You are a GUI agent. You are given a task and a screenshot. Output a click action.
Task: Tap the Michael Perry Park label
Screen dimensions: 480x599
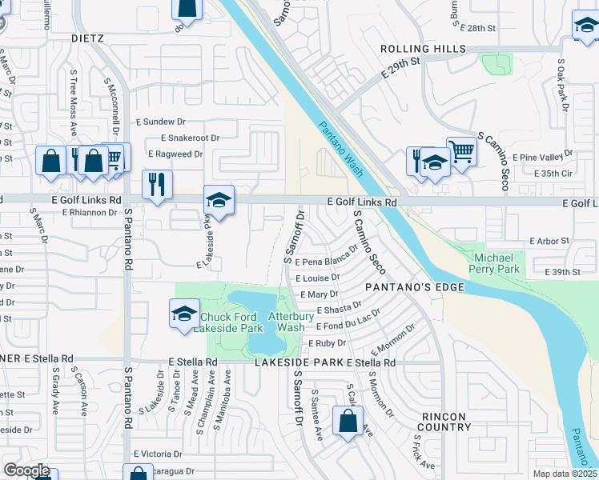pos(497,262)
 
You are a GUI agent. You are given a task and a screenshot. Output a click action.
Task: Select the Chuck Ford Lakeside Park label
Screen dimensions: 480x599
pos(231,322)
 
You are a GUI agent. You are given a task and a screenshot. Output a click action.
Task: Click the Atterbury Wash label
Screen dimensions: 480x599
pos(286,322)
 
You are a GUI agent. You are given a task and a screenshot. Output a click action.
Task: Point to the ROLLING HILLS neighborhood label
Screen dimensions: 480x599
pos(424,49)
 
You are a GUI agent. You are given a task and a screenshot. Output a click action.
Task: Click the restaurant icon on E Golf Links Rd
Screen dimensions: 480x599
pos(157,185)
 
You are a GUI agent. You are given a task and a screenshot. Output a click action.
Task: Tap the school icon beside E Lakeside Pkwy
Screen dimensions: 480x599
pos(219,199)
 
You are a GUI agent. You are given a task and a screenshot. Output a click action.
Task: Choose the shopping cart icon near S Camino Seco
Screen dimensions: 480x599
pos(461,150)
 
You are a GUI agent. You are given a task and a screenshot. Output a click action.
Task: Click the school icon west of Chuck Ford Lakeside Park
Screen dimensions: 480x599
pos(184,313)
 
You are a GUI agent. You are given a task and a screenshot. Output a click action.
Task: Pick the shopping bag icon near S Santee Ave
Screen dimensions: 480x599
pos(348,421)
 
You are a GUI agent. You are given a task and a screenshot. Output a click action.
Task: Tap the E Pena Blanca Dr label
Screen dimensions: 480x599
pos(324,262)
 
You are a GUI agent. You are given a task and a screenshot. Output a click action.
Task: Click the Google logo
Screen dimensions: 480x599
pos(26,470)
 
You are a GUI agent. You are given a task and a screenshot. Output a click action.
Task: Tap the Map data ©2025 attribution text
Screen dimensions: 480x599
pos(565,474)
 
